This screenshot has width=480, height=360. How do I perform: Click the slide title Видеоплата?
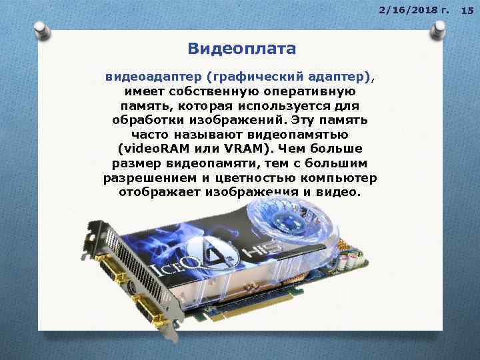[241, 49]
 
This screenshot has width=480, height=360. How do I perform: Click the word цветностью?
[253, 178]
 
